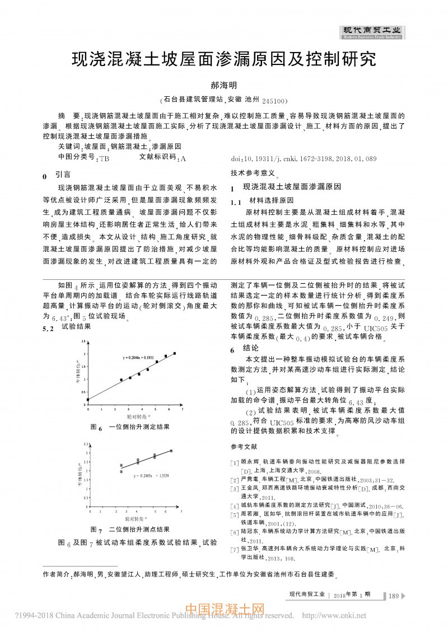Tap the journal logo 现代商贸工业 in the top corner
(x=372, y=31)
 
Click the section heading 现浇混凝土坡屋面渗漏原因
(x=292, y=187)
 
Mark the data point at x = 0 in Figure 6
(x=88, y=400)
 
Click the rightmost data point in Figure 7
(x=171, y=451)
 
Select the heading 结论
(x=251, y=348)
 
